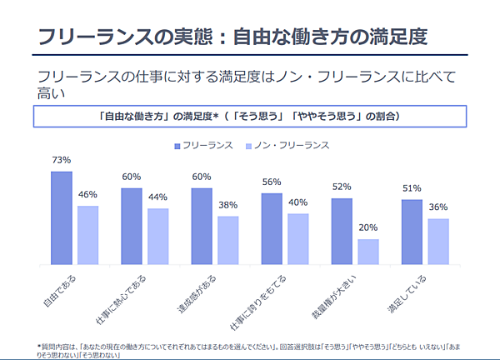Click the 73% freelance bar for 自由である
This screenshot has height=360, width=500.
click(62, 217)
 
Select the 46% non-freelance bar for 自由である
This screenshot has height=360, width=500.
click(88, 235)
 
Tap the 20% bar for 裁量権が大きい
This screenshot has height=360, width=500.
click(368, 252)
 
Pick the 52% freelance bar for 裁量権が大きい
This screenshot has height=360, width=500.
click(342, 231)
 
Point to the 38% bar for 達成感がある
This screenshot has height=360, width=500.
click(228, 240)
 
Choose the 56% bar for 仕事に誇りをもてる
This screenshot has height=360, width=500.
click(272, 228)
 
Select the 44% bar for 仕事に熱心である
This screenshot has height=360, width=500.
click(158, 236)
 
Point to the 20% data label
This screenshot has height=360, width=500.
click(368, 227)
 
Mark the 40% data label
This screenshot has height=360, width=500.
click(298, 202)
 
